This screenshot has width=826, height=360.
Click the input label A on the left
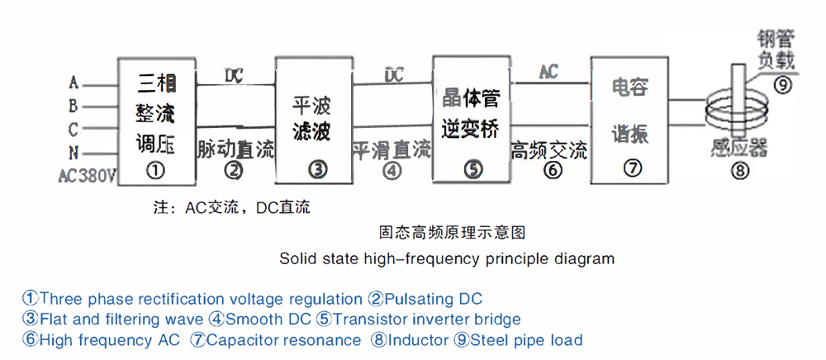pyautogui.click(x=74, y=83)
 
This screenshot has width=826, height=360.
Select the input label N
pyautogui.click(x=74, y=153)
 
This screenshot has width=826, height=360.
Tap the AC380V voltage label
pyautogui.click(x=88, y=176)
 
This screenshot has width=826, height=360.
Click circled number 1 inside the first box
pyautogui.click(x=154, y=171)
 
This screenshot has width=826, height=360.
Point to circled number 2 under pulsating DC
pyautogui.click(x=235, y=171)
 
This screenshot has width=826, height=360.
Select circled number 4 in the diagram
pyautogui.click(x=392, y=171)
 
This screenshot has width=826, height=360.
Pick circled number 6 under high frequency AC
pyautogui.click(x=551, y=171)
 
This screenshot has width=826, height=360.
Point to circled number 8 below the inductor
pyautogui.click(x=738, y=172)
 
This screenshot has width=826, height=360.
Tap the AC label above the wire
pyautogui.click(x=548, y=72)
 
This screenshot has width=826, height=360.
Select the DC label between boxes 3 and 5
pyautogui.click(x=394, y=74)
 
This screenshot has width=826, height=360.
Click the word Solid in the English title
pyautogui.click(x=297, y=258)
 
